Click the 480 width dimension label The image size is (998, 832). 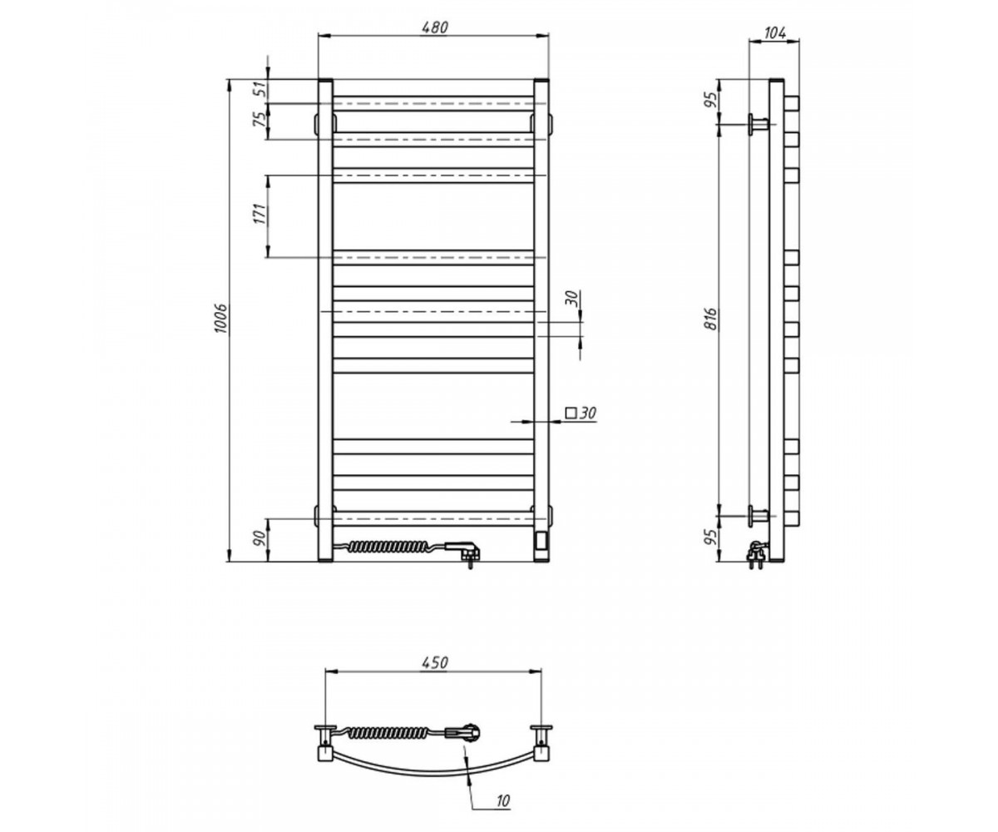pyautogui.click(x=434, y=27)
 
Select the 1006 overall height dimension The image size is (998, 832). pyautogui.click(x=220, y=318)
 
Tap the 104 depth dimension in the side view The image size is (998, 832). pyautogui.click(x=775, y=33)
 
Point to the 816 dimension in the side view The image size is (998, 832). pyautogui.click(x=712, y=319)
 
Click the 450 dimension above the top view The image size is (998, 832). pyautogui.click(x=435, y=663)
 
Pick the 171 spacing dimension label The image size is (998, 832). pyautogui.click(x=259, y=214)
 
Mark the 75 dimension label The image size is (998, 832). pyautogui.click(x=259, y=120)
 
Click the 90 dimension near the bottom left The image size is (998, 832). pyautogui.click(x=259, y=538)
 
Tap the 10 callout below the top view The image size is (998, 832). pyautogui.click(x=503, y=800)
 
